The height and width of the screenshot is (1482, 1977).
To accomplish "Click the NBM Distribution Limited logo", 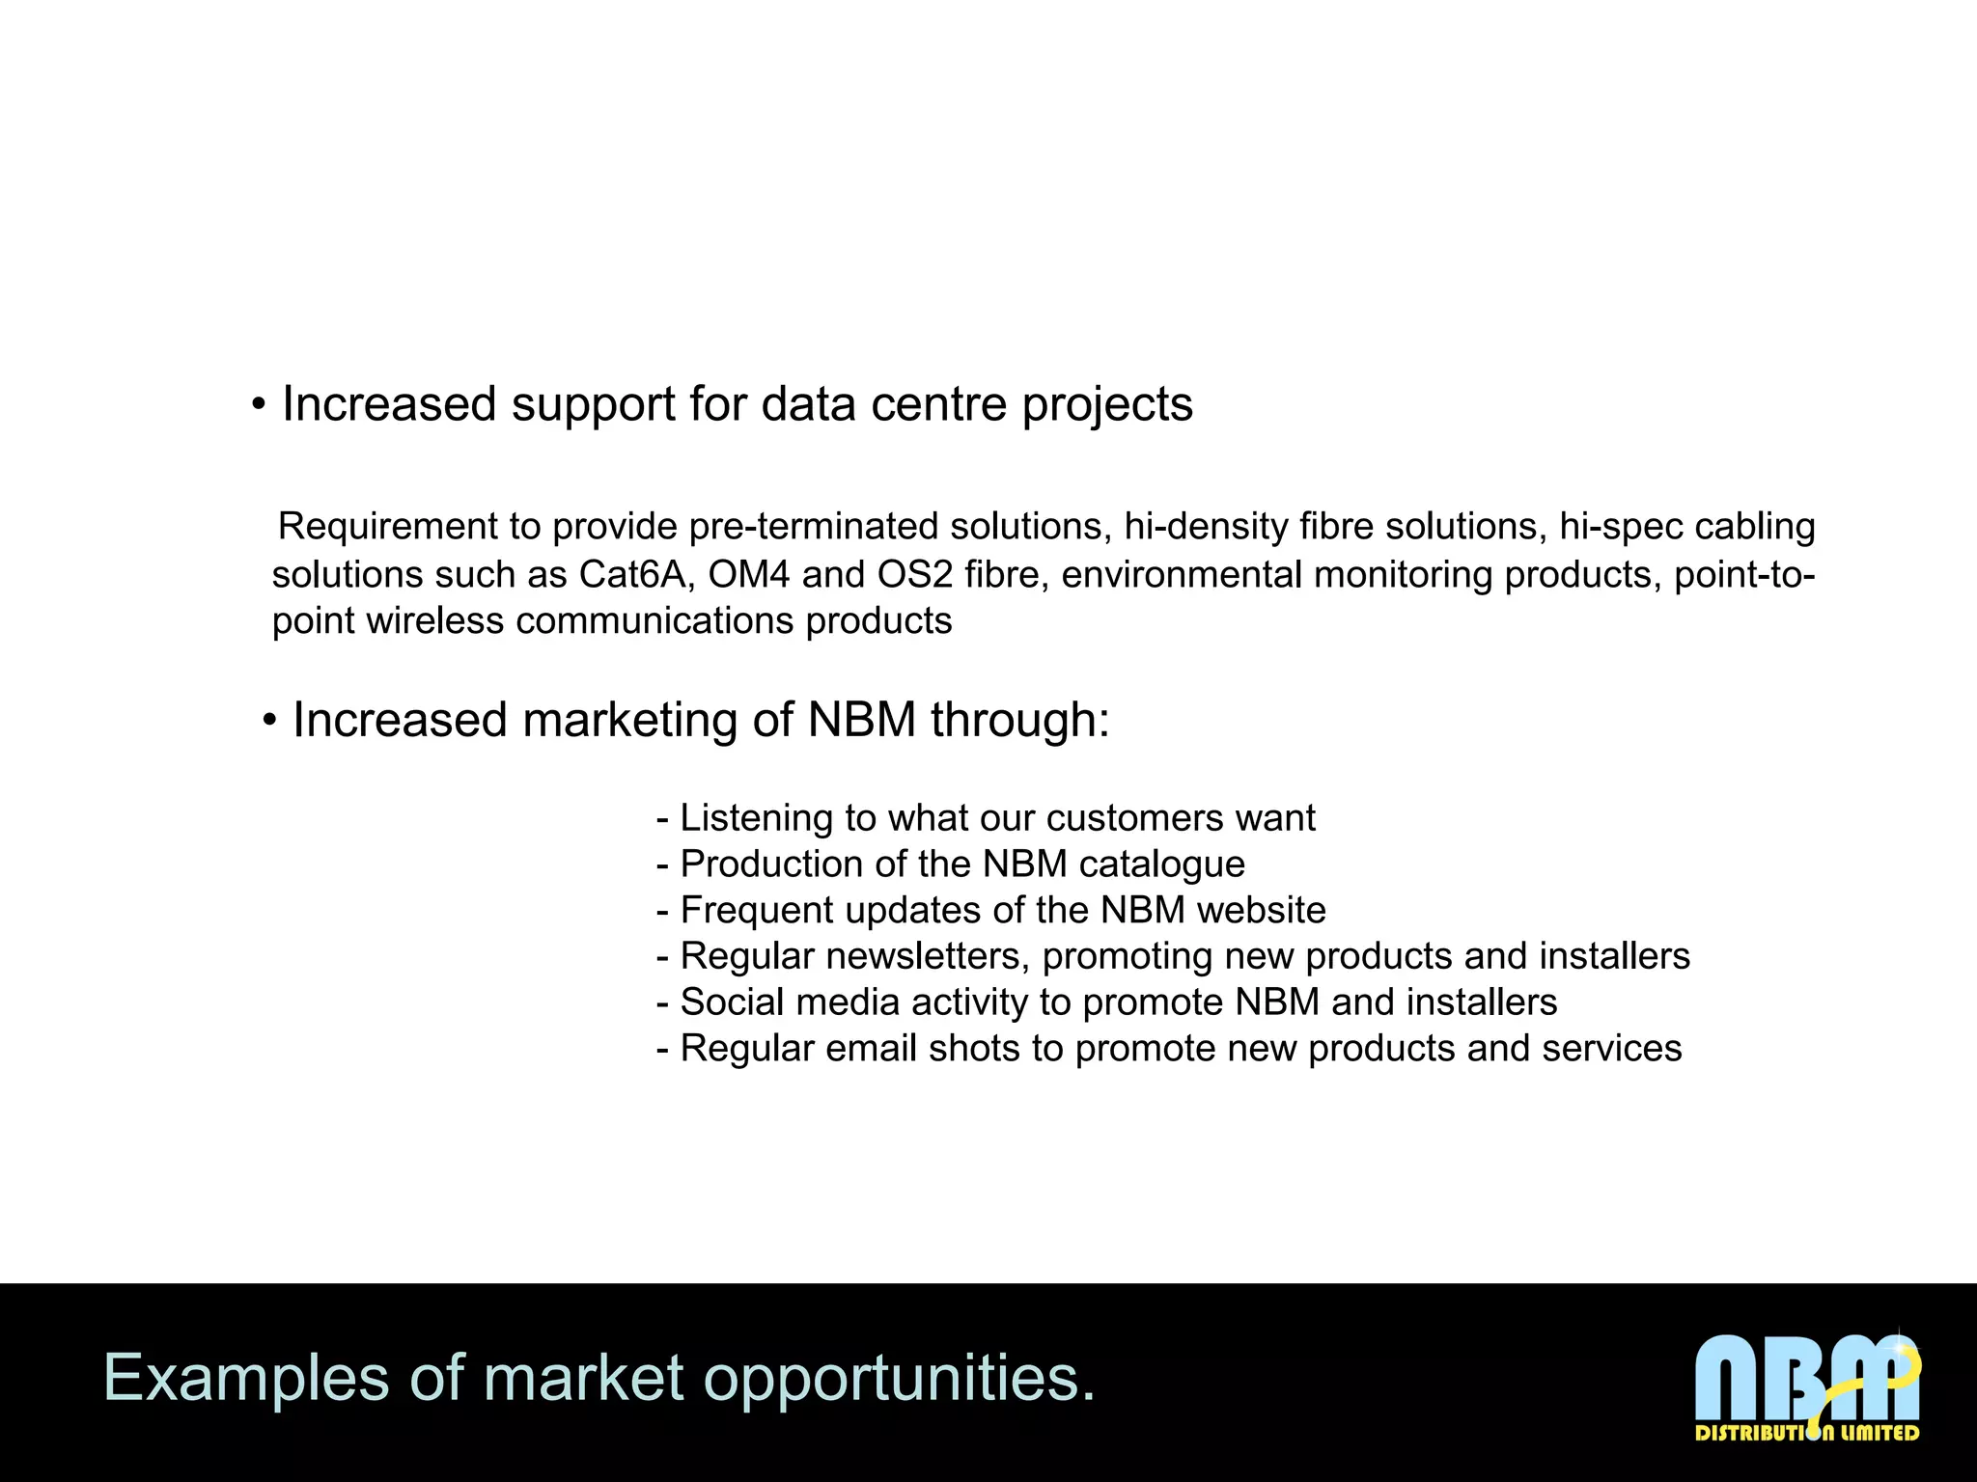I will (1807, 1386).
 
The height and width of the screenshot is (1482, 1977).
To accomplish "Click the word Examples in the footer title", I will (246, 1378).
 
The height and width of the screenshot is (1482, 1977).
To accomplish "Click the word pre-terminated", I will (814, 527).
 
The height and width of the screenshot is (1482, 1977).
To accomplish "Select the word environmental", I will (1182, 575).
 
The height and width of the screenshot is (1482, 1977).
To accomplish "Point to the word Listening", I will (757, 818).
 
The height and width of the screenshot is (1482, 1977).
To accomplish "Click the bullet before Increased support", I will (258, 405).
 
